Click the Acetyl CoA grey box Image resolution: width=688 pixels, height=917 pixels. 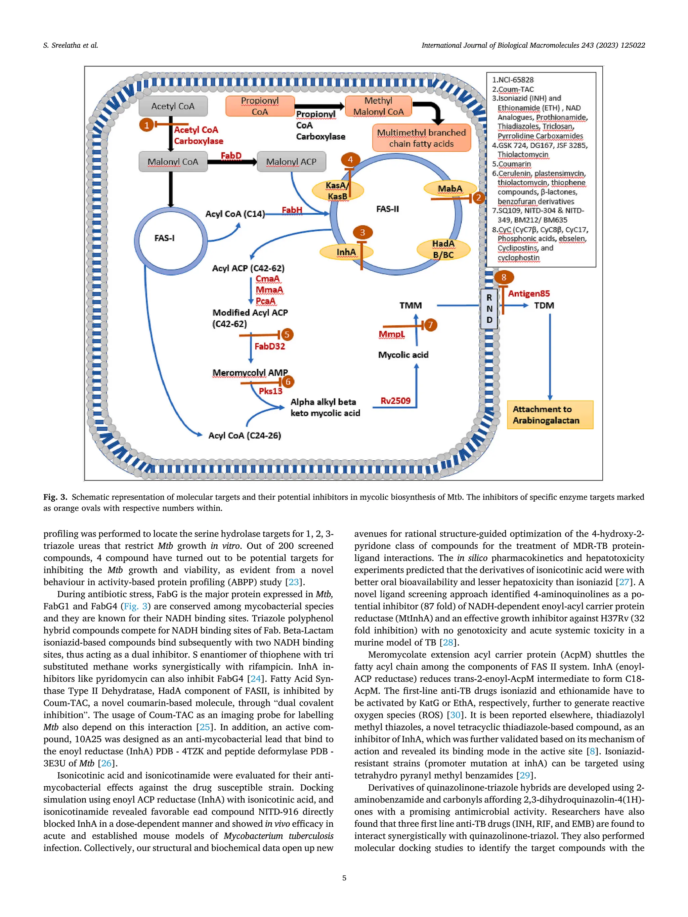click(173, 106)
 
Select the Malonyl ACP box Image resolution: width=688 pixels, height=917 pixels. click(291, 162)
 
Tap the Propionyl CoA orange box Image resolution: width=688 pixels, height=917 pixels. click(260, 106)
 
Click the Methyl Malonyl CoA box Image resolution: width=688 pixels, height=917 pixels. click(378, 106)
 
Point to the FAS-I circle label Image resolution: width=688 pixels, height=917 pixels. click(164, 238)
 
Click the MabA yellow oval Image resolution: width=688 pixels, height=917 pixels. click(450, 189)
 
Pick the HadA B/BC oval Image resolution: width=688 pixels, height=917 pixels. click(443, 249)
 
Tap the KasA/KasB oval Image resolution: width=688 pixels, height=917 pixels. click(337, 191)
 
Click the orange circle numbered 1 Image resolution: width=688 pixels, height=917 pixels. click(146, 125)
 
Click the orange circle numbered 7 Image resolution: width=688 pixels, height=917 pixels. click(430, 325)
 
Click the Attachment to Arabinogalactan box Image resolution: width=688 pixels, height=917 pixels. click(550, 415)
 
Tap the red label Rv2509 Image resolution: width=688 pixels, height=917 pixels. click(395, 401)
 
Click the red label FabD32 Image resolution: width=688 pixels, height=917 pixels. click(269, 347)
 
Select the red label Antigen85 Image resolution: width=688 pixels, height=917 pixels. click(529, 293)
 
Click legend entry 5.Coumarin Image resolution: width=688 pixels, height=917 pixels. click(512, 164)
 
